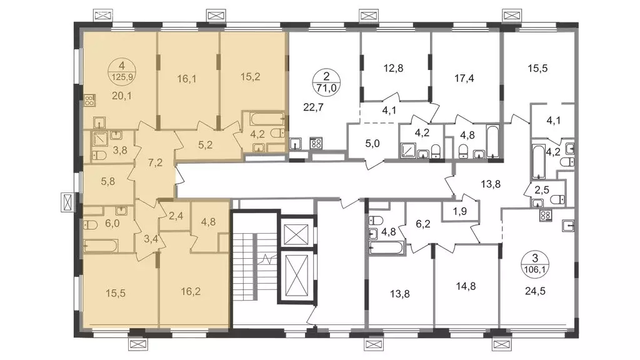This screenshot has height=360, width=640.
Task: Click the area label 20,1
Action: coord(122,96)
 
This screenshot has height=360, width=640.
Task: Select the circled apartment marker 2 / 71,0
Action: coord(326,82)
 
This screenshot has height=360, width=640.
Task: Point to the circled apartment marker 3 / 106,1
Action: coord(535,264)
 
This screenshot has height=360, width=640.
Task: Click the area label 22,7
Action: coord(314,107)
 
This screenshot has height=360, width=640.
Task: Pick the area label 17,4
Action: coord(464,78)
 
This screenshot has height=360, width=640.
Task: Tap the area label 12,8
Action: coord(394,67)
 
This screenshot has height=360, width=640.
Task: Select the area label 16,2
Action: coord(191,291)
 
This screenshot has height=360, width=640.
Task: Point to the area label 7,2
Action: coord(155,163)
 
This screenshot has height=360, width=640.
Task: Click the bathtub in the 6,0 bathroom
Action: coord(101,246)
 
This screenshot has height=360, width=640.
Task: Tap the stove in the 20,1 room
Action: coord(90,101)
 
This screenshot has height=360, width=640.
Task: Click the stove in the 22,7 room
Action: coord(316,143)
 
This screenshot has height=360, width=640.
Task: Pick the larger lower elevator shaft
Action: coord(297,276)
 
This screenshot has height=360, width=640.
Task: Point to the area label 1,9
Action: coord(459,211)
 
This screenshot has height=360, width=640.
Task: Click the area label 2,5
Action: coord(542,190)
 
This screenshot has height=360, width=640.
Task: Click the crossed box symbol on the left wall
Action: coord(68,202)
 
